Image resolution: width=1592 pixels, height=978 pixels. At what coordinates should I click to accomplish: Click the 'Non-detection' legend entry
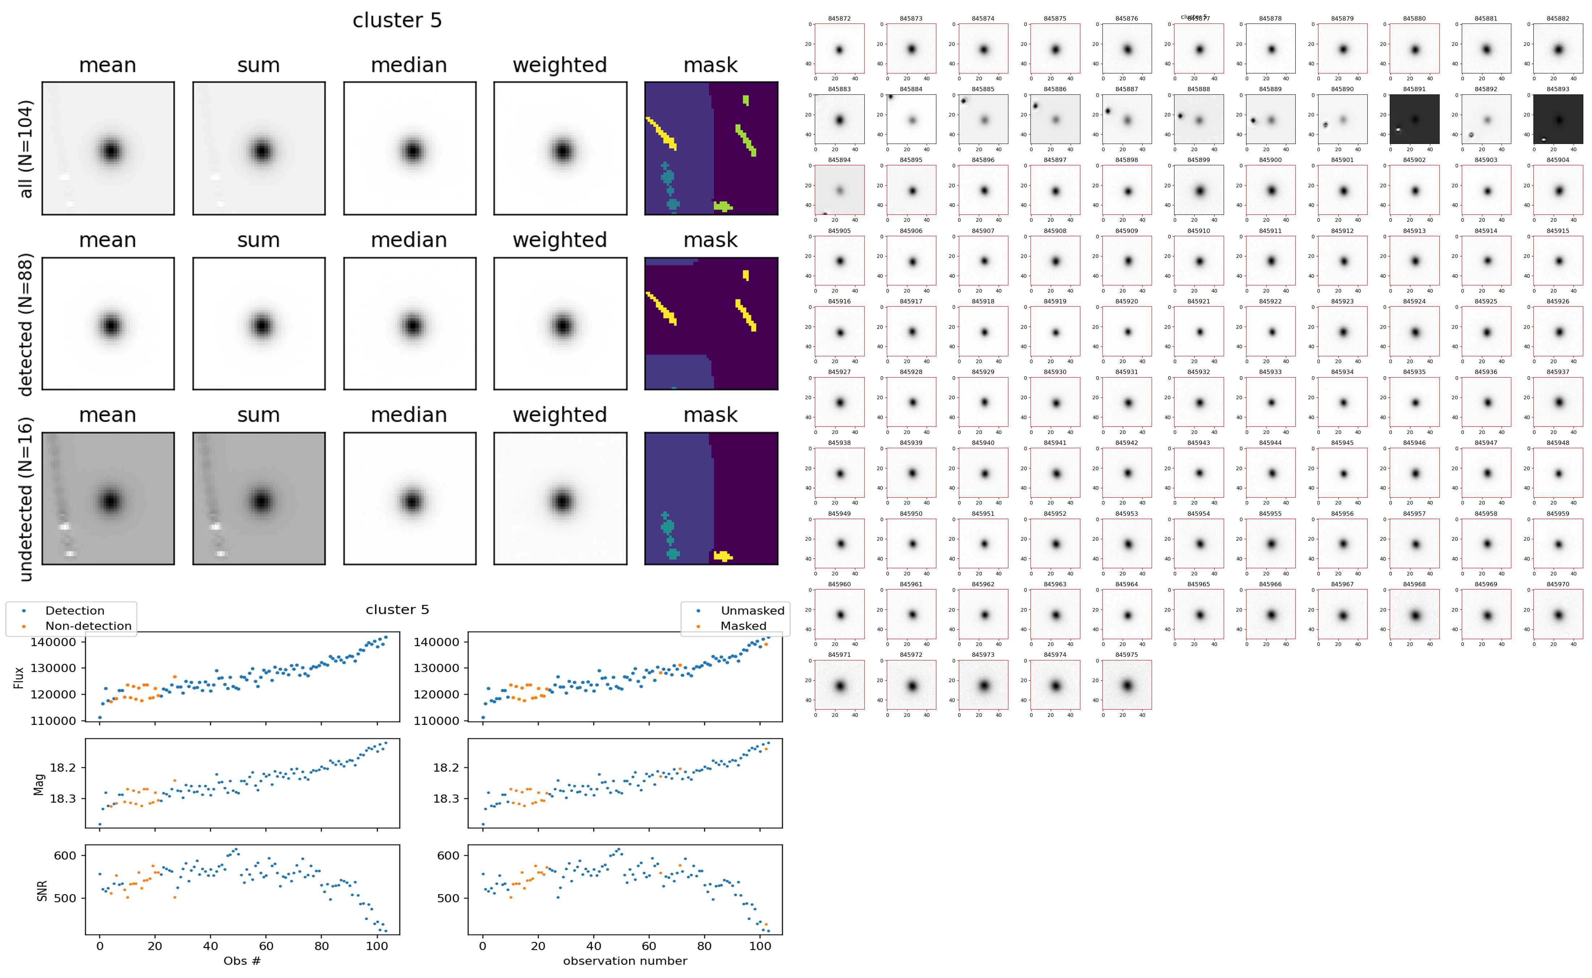coord(88,625)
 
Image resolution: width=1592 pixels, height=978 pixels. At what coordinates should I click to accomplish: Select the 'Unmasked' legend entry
coord(752,611)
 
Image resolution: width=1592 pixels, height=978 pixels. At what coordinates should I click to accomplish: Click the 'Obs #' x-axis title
coord(242,961)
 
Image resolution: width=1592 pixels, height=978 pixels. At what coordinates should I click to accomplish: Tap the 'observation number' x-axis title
coord(625,961)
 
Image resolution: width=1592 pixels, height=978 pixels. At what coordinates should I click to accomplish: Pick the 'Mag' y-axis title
coord(39,784)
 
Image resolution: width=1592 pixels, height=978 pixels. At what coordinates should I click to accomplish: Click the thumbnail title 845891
coord(1414,89)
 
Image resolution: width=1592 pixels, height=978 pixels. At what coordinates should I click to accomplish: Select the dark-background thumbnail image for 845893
coord(1558,119)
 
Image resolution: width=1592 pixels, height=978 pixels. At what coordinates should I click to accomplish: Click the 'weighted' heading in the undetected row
coord(560,414)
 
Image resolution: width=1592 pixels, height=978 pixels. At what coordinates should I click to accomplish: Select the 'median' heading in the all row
coord(409,65)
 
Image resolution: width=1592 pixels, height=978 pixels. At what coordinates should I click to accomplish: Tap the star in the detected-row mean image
coord(111,326)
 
